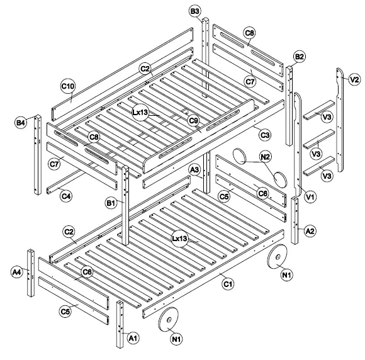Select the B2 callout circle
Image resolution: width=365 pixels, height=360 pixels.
click(300, 57)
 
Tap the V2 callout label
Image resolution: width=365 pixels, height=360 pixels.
click(354, 79)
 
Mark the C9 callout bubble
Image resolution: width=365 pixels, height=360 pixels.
click(194, 120)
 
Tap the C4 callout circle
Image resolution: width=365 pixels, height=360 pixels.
click(65, 196)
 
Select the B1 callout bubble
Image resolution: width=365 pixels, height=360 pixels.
click(111, 203)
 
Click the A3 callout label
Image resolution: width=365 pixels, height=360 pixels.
click(194, 170)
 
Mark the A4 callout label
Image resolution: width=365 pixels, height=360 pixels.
click(17, 272)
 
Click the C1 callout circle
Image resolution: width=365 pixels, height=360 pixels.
click(229, 284)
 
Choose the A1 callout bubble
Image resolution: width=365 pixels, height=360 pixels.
click(133, 337)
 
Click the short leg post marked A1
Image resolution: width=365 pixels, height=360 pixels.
click(120, 323)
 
